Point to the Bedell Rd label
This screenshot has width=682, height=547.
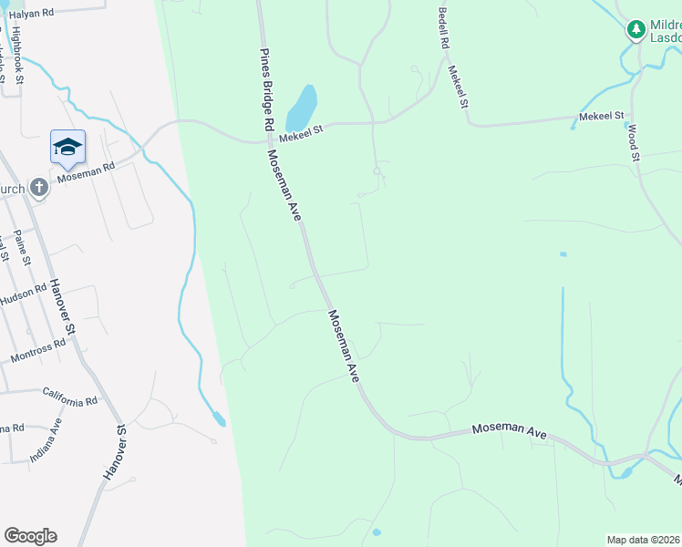point(444,28)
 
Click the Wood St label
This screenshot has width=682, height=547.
point(633,143)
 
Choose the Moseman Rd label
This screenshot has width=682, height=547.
point(86,170)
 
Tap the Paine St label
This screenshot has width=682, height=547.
point(23,247)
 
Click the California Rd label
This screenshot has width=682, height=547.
point(69,397)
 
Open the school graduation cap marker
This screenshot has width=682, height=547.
point(67,147)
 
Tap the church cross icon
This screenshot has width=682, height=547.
point(38,187)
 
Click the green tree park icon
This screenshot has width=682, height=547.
point(635,30)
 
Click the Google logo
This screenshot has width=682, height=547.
point(30,536)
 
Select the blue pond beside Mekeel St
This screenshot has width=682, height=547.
point(302,108)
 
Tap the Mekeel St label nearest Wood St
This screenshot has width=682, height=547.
point(602,117)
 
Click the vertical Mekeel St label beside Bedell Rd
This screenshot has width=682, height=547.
point(459,86)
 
